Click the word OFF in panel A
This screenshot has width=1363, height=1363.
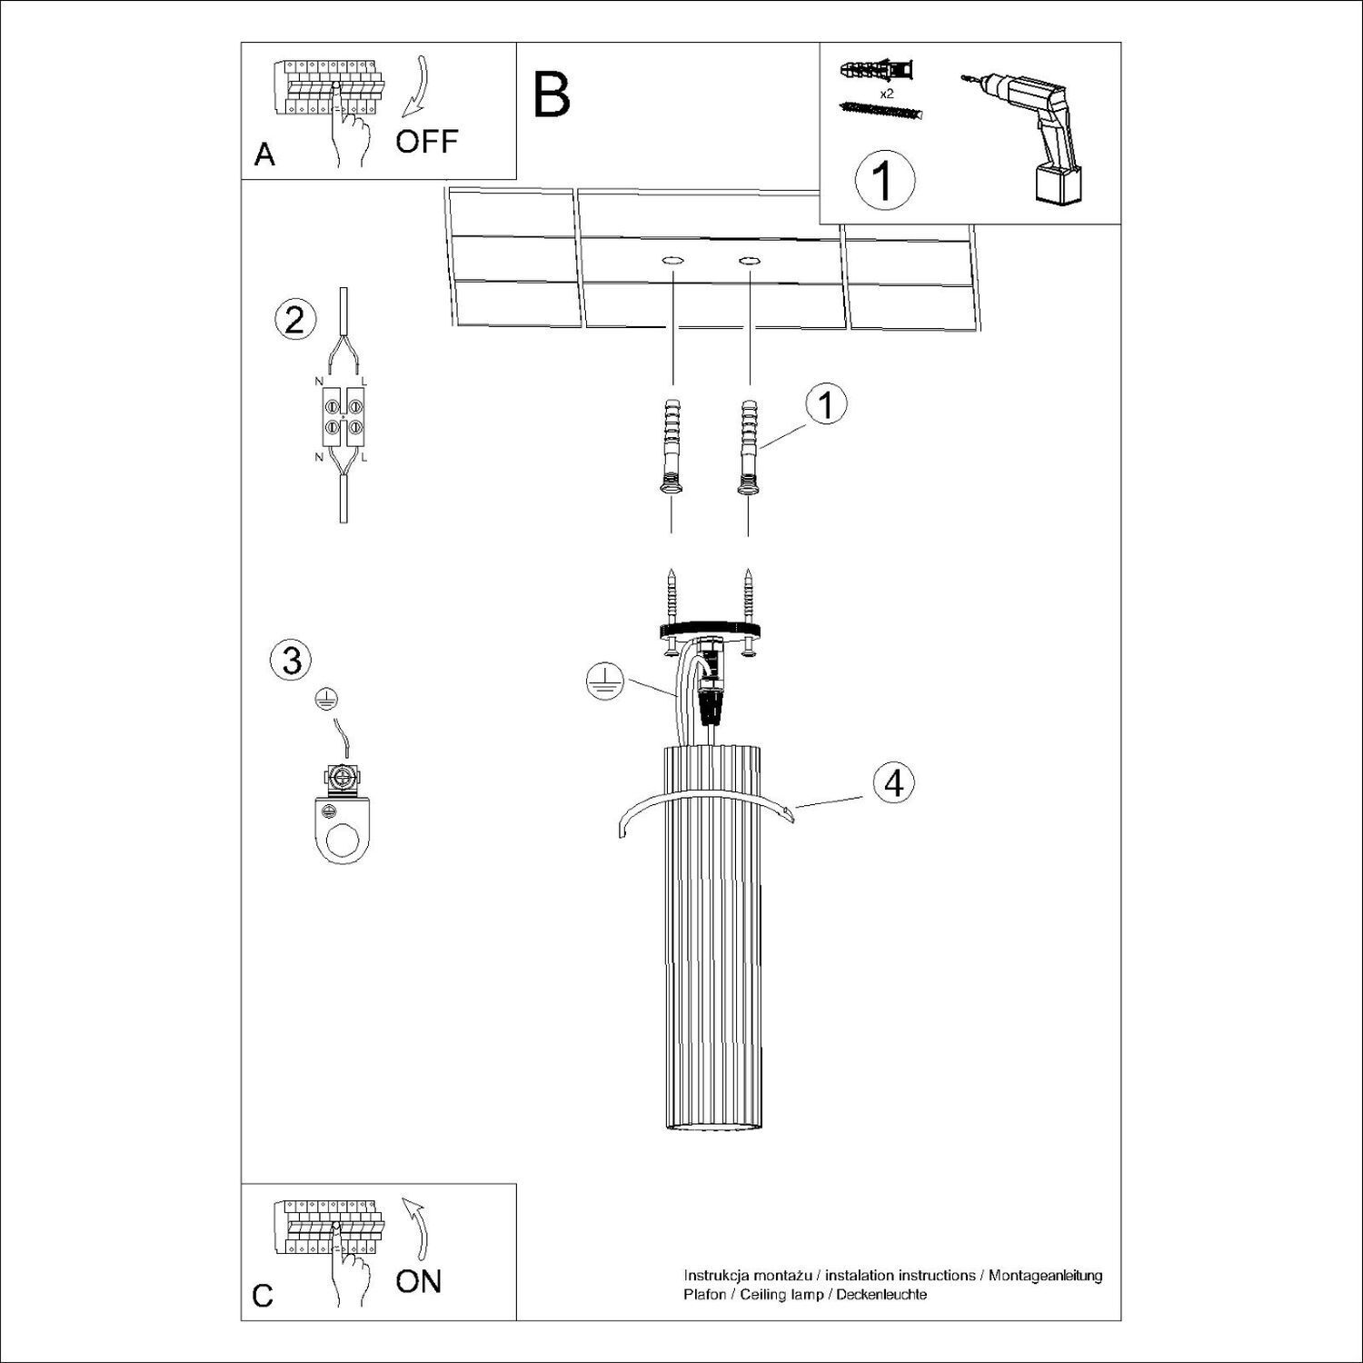coord(426,142)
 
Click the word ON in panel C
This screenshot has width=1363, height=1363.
coord(418,1282)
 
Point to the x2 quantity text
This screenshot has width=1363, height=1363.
coord(888,93)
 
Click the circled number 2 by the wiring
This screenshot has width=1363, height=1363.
coord(295,321)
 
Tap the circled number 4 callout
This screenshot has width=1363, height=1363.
coord(894,782)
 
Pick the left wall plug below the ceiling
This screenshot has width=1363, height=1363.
coord(672,446)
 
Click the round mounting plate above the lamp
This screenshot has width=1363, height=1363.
coord(710,629)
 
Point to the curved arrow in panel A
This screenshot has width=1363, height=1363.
coord(417,87)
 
